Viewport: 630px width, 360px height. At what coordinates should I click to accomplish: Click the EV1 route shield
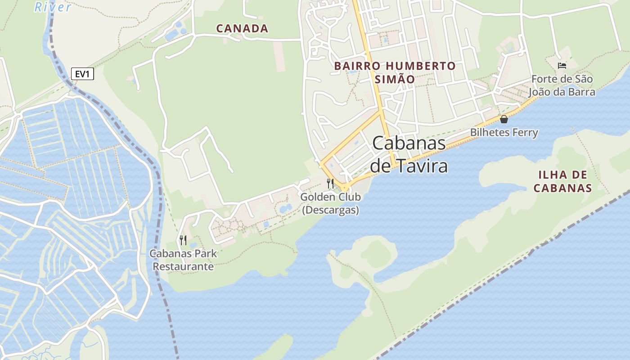[82, 74]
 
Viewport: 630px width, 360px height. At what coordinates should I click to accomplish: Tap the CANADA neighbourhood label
[242, 28]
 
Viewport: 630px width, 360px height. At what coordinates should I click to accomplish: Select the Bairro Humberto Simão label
[395, 72]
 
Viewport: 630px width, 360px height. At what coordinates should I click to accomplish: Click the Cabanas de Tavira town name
[409, 154]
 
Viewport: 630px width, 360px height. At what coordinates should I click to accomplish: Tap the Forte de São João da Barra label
[562, 85]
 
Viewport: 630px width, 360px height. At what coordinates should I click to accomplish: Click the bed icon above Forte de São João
[562, 66]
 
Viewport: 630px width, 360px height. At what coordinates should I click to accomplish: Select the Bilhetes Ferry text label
[504, 132]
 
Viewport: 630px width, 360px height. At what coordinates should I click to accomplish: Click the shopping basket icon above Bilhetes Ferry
[504, 119]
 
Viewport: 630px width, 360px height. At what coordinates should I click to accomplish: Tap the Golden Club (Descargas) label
[330, 203]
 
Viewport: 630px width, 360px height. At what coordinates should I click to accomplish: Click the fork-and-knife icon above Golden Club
[330, 183]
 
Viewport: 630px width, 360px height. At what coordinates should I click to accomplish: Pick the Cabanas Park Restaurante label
[183, 260]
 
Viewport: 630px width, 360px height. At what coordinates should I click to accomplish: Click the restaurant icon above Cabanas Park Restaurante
[183, 240]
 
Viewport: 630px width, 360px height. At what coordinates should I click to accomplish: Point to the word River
[53, 7]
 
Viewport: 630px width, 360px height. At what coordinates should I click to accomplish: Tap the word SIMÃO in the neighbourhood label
[395, 79]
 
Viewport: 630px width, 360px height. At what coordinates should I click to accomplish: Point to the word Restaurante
[183, 266]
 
